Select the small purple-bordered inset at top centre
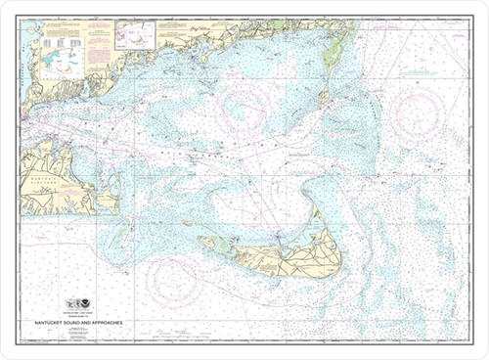pos(135,36)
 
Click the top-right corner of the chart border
pos(471,18)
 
